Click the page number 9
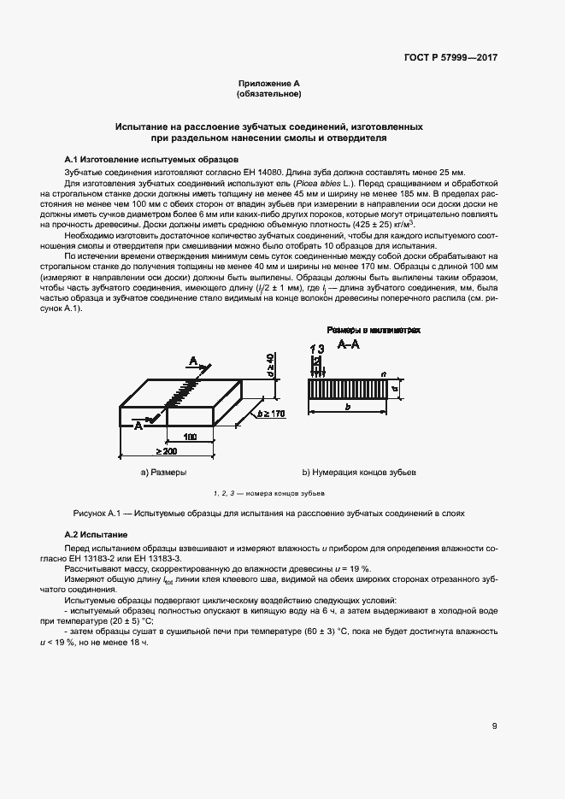[x=494, y=726]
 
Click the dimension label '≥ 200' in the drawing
[x=167, y=450]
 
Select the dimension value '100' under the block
[x=190, y=436]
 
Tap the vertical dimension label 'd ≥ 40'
[x=268, y=364]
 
